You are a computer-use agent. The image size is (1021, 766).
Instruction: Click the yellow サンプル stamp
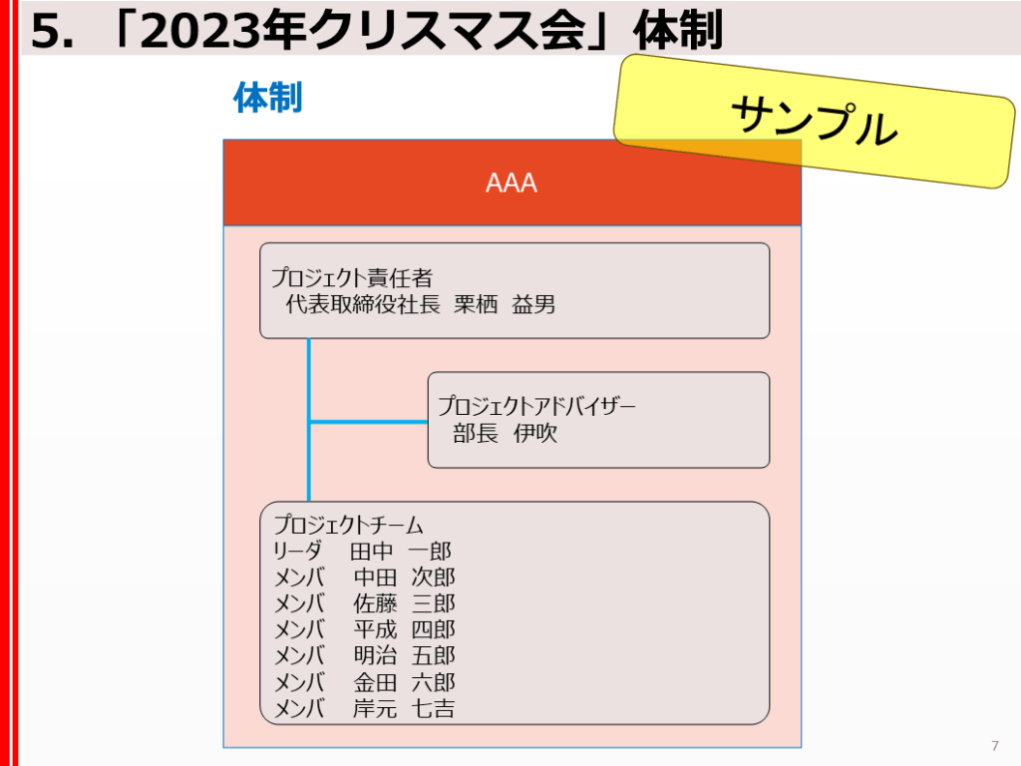point(813,121)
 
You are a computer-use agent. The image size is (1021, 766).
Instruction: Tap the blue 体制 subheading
point(267,98)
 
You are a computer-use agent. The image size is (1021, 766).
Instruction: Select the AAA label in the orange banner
point(511,184)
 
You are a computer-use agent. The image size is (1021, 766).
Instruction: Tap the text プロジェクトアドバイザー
point(536,407)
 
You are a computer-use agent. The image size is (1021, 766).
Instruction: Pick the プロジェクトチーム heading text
point(349,525)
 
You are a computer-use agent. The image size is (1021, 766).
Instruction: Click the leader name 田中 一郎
point(401,552)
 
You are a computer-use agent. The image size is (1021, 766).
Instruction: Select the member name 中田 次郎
point(404,577)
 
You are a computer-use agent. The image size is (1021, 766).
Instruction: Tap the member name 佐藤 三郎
point(404,603)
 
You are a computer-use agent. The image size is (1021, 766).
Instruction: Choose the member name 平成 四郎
point(404,630)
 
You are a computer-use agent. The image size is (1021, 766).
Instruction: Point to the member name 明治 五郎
point(404,656)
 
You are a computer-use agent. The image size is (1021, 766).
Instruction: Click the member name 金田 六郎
point(404,683)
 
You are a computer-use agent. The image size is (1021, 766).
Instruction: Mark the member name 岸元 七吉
point(404,709)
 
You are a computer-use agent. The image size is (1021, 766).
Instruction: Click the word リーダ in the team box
point(297,552)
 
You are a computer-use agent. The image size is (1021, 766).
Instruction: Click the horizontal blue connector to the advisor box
point(369,422)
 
